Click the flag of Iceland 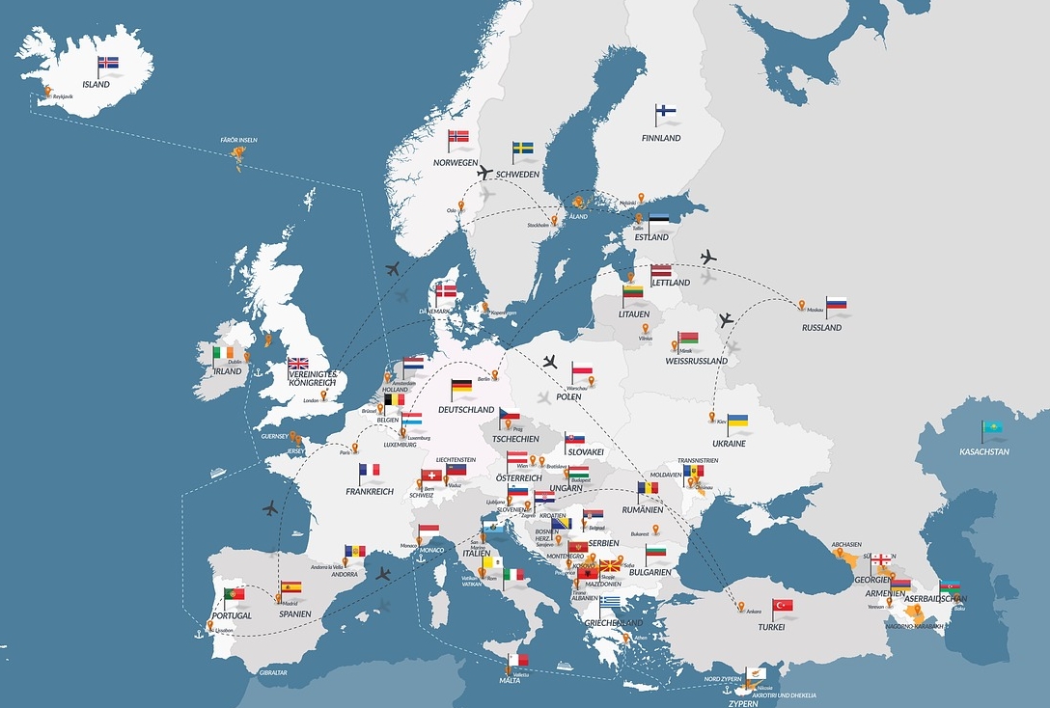[108, 63]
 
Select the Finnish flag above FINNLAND [666, 111]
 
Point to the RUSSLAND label [821, 328]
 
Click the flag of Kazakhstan [993, 427]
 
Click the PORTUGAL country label [232, 615]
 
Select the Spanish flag [291, 586]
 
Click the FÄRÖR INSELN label [239, 140]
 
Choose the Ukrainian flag [738, 422]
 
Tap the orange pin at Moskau [801, 305]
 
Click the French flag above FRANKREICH [370, 470]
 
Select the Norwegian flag [459, 137]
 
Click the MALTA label [511, 680]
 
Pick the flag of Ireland [224, 354]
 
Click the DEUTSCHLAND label [465, 409]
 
